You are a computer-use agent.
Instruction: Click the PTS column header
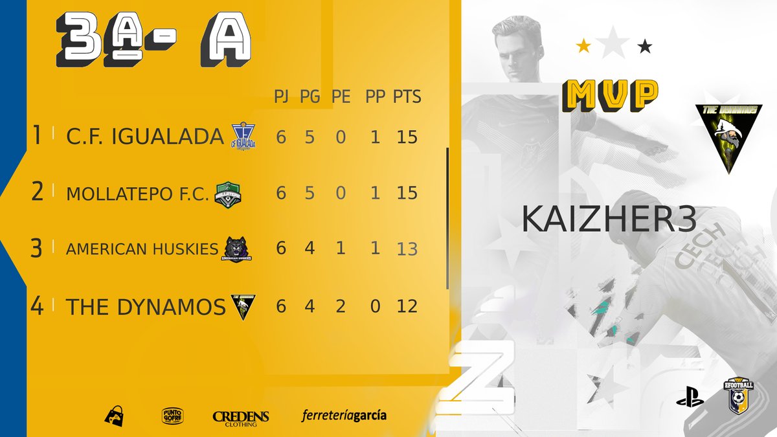407,97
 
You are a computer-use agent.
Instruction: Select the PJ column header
281,97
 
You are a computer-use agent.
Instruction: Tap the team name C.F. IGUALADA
145,137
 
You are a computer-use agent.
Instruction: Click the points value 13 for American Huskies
407,249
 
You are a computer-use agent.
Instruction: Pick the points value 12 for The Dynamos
407,306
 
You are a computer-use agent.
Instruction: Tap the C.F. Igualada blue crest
243,137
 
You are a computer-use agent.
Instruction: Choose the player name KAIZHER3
609,220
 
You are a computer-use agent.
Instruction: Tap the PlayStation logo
690,397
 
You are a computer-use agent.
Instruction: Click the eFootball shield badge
739,396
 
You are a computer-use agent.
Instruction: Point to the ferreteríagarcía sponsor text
344,415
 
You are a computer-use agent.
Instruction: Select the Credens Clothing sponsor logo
241,418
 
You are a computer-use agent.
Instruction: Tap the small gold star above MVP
583,45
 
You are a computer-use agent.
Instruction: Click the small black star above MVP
645,46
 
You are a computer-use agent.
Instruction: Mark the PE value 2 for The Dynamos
341,306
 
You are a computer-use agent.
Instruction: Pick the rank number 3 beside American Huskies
37,249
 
